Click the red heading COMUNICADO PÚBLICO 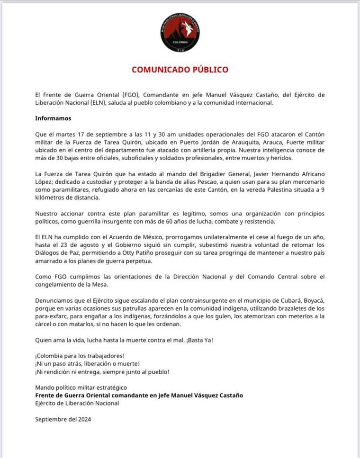click(x=180, y=70)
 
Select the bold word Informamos click(x=53, y=118)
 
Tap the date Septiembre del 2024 click(x=63, y=419)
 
